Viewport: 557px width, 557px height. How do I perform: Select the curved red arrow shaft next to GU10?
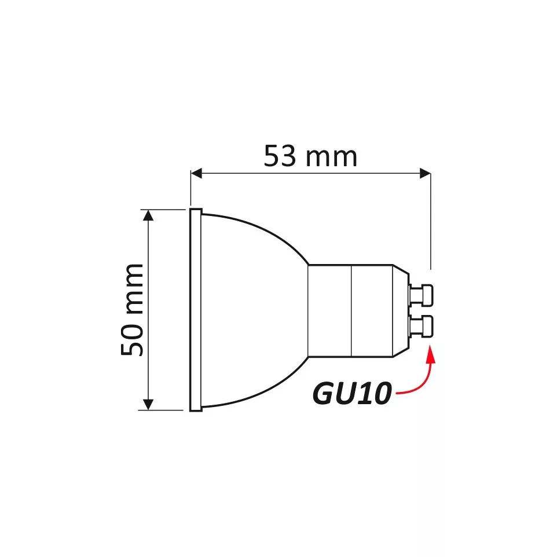click(x=417, y=385)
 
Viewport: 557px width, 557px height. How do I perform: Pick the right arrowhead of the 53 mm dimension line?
click(x=425, y=173)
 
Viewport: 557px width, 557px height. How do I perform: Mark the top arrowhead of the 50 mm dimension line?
click(x=149, y=215)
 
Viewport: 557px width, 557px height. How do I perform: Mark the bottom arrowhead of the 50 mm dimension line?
click(x=149, y=404)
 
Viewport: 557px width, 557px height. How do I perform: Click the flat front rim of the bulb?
click(x=196, y=309)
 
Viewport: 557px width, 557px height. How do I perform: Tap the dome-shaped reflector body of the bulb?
click(x=249, y=309)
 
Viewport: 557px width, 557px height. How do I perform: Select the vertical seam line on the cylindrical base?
click(x=352, y=310)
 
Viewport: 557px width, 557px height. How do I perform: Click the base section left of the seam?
click(x=330, y=310)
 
